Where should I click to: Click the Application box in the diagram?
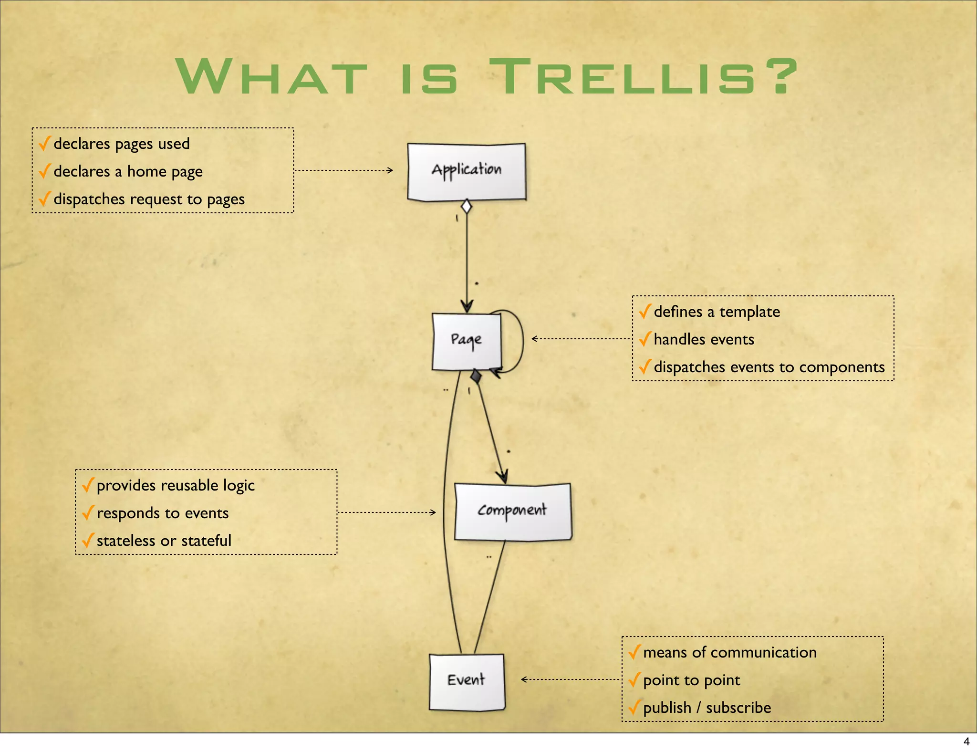click(467, 172)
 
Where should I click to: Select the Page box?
click(467, 341)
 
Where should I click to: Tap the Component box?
click(513, 512)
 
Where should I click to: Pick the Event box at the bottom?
click(467, 681)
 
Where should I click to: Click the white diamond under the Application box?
click(467, 207)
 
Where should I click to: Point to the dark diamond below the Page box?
click(476, 376)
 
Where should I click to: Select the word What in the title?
click(272, 76)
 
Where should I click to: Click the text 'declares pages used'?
click(122, 144)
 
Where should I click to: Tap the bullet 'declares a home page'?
click(128, 171)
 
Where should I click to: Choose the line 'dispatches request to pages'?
click(149, 199)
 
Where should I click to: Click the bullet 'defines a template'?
click(717, 312)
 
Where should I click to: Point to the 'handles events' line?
click(704, 339)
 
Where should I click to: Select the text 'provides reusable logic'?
click(176, 485)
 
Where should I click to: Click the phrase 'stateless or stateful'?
click(164, 541)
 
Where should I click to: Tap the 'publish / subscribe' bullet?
click(707, 708)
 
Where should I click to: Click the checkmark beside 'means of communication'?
click(634, 652)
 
